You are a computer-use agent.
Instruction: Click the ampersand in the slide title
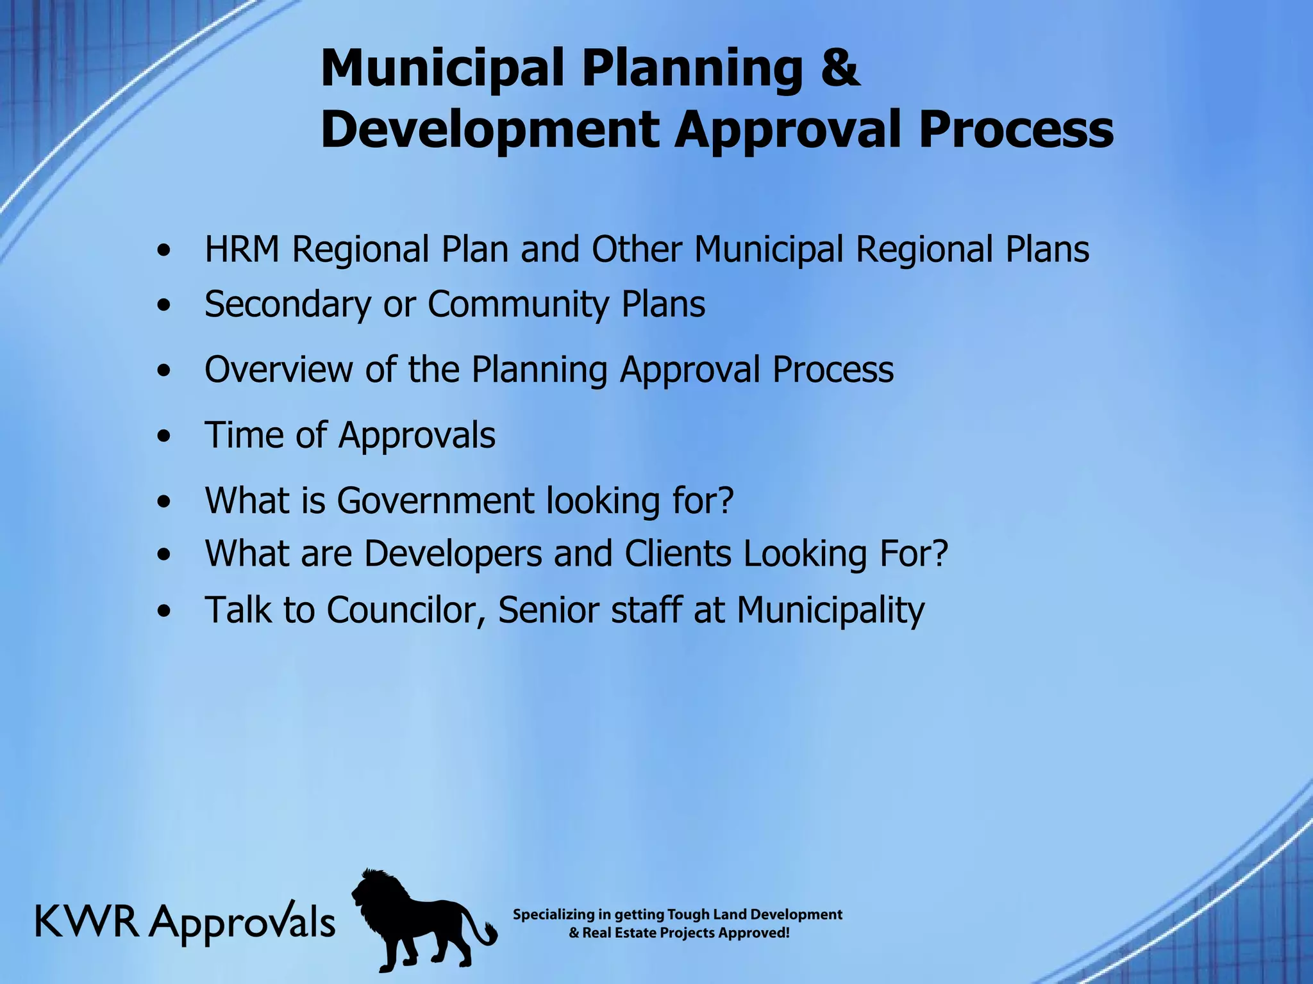tap(839, 68)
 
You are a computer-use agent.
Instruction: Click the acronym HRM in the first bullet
tap(242, 249)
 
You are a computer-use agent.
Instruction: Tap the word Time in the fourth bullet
tap(243, 435)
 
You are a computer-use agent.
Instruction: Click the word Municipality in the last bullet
tap(830, 610)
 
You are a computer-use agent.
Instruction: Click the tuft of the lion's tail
tap(490, 934)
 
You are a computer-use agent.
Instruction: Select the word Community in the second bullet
tap(518, 304)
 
